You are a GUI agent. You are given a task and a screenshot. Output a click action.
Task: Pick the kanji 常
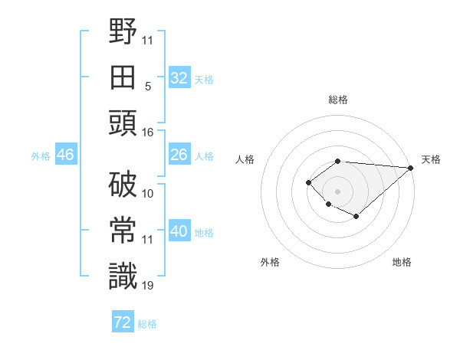coord(123,230)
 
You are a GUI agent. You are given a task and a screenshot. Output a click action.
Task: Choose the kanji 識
coord(123,276)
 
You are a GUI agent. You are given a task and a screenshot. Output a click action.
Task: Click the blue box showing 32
coord(179,78)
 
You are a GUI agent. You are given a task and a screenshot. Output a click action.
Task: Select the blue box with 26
coord(179,155)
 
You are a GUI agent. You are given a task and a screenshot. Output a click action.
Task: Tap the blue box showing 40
coord(179,232)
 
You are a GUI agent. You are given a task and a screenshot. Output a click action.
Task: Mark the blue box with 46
coord(65,155)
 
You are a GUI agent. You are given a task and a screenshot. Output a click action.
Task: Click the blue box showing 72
coord(123,322)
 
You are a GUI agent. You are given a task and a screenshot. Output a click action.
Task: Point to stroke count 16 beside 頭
coord(148,133)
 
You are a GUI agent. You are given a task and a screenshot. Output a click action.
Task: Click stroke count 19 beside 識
coord(148,286)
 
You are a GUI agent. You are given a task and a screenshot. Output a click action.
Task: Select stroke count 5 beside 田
coord(148,87)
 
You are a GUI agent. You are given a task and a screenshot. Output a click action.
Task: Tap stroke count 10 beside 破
coord(148,194)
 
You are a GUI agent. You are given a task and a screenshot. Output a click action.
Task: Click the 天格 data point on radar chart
coord(411,168)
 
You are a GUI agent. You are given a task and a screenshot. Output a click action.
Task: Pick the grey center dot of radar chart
coord(337,191)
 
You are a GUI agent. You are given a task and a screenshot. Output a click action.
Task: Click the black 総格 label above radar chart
coord(338,100)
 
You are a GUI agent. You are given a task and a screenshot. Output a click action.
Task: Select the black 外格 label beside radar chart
coord(270,262)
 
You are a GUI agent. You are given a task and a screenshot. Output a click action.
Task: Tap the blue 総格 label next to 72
coord(147,324)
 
